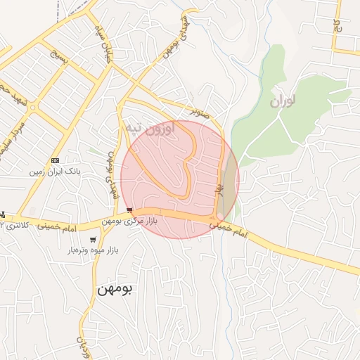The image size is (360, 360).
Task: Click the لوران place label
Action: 281,101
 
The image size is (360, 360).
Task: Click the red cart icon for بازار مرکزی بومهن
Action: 129,210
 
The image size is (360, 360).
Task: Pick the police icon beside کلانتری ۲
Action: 3,214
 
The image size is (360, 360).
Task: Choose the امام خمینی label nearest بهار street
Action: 233,232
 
